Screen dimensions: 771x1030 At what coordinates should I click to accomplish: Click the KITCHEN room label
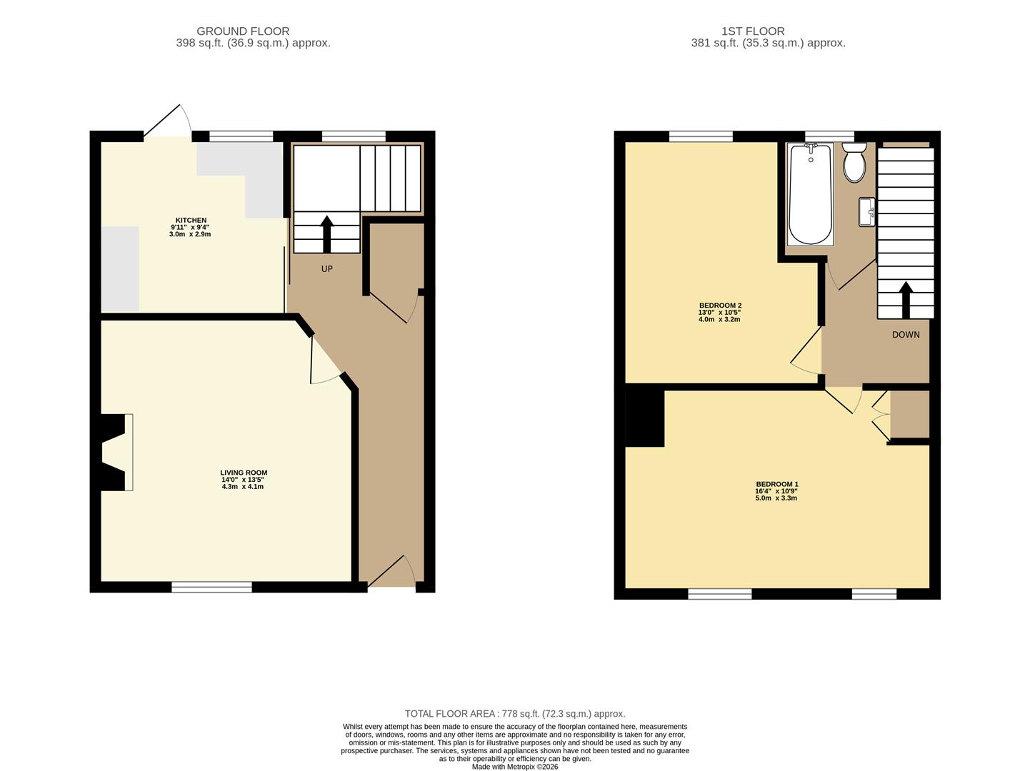tap(191, 221)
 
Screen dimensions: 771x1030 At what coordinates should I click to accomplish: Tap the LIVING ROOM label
tap(243, 473)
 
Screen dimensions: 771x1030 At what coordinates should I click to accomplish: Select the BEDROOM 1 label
tap(776, 484)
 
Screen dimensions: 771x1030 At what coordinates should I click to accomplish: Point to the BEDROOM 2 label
tap(719, 306)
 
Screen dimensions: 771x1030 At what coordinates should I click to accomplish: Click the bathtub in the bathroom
tap(810, 193)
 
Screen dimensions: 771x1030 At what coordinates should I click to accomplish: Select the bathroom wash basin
tap(867, 211)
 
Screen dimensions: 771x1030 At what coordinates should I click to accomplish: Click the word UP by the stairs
tap(326, 269)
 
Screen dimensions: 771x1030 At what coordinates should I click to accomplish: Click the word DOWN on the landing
tap(905, 335)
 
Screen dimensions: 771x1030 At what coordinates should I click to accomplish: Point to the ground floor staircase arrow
tap(327, 233)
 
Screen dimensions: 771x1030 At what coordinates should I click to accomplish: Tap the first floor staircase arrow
tap(905, 299)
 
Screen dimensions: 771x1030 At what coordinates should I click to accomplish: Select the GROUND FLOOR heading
tap(243, 31)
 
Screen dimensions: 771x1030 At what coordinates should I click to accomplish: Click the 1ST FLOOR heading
tap(753, 31)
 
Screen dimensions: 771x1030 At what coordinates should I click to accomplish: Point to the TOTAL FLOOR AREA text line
tap(514, 713)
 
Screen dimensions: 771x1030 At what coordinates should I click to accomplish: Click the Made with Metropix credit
tap(514, 767)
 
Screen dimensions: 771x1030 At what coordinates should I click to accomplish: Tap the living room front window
tap(211, 587)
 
